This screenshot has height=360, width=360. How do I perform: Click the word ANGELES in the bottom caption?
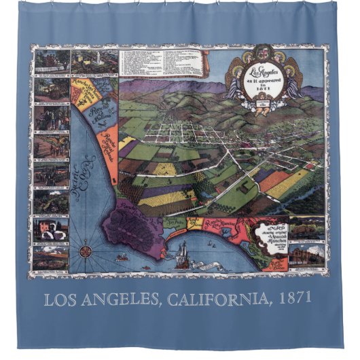click(122, 298)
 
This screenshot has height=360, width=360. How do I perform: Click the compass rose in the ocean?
click(86, 249)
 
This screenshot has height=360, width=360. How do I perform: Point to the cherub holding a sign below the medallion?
click(262, 102)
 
